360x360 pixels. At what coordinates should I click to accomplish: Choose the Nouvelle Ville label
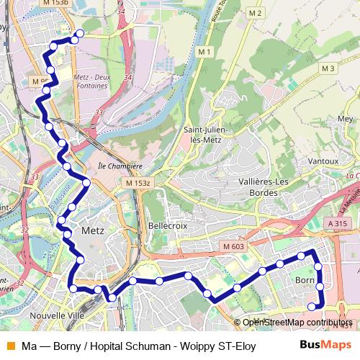tap(58, 316)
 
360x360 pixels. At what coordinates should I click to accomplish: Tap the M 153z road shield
tap(138, 184)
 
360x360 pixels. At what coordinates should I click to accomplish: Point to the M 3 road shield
tap(329, 68)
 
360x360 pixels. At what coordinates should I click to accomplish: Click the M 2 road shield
tap(253, 14)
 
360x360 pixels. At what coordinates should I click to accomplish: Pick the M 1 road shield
tap(205, 51)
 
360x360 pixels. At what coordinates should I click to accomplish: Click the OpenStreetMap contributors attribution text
tap(297, 323)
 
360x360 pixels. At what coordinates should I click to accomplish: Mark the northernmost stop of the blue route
tap(78, 34)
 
